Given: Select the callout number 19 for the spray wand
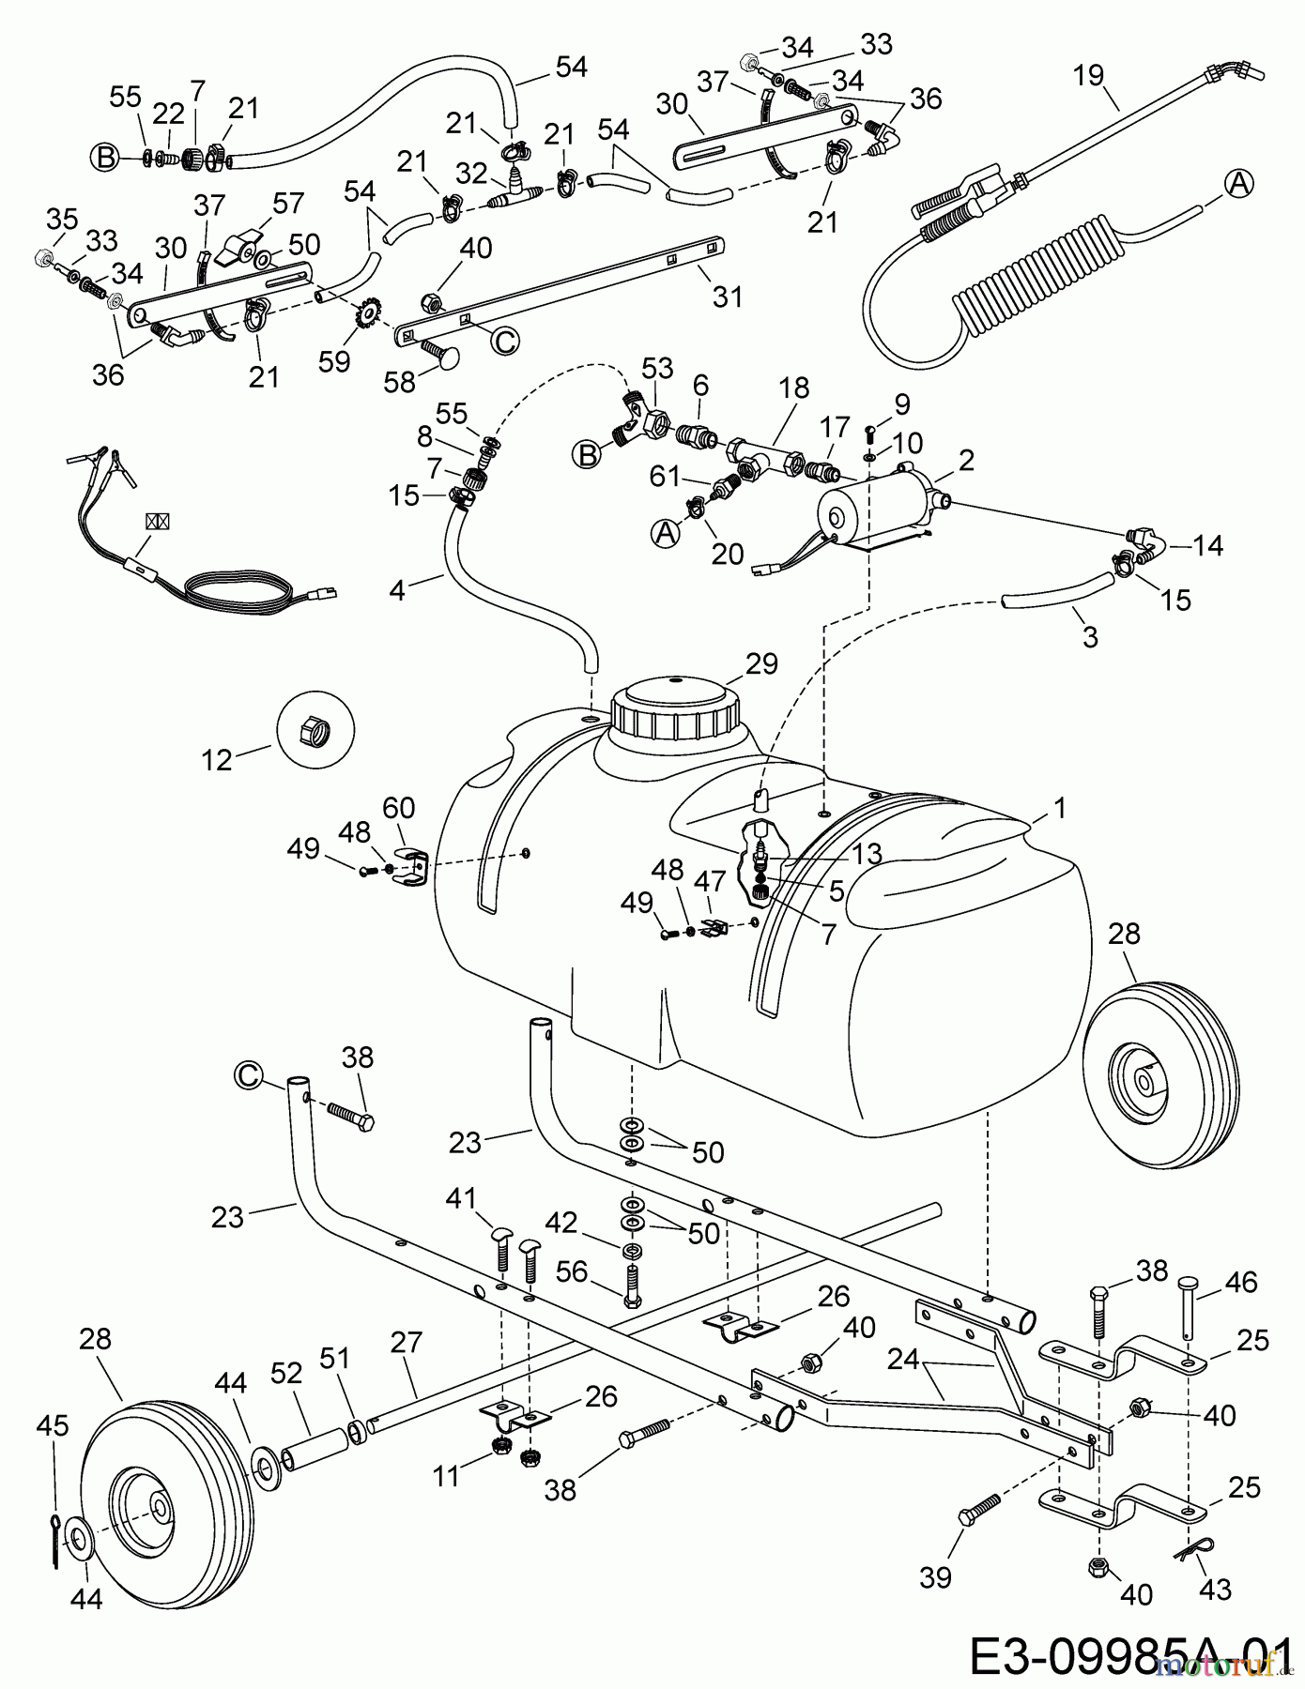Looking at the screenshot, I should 1089,75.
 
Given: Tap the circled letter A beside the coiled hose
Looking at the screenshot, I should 1239,185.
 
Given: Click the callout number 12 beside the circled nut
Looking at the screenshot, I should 217,759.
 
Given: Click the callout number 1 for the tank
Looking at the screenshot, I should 1061,808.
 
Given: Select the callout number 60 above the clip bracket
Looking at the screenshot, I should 398,808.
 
